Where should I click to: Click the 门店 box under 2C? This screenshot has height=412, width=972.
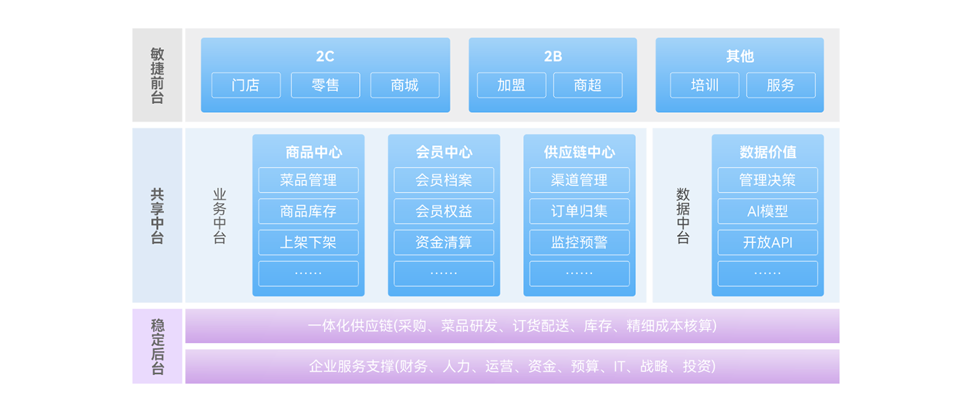pyautogui.click(x=246, y=85)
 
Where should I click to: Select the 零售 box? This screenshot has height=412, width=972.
pyautogui.click(x=325, y=85)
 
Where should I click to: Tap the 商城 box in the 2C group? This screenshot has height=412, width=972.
pyautogui.click(x=404, y=85)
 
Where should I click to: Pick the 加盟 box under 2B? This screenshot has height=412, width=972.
pyautogui.click(x=511, y=85)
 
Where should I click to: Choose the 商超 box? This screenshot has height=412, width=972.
pyautogui.click(x=587, y=85)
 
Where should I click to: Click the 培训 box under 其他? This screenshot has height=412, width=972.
pyautogui.click(x=704, y=85)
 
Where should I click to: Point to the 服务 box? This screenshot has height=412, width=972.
pyautogui.click(x=780, y=85)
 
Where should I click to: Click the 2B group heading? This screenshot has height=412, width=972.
pyautogui.click(x=553, y=56)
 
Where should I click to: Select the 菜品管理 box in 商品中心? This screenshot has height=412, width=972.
pyautogui.click(x=308, y=180)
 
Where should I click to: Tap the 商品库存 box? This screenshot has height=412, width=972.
pyautogui.click(x=308, y=211)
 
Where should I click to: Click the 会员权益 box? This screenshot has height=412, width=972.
pyautogui.click(x=443, y=211)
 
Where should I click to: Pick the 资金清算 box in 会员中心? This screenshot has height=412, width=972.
pyautogui.click(x=443, y=242)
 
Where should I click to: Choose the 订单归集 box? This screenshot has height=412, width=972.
pyautogui.click(x=579, y=211)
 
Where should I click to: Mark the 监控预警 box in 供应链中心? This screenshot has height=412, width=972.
pyautogui.click(x=579, y=242)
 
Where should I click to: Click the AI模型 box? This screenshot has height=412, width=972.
pyautogui.click(x=767, y=211)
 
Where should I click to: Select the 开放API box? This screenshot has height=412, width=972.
pyautogui.click(x=767, y=242)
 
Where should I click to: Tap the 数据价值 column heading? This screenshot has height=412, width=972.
pyautogui.click(x=767, y=152)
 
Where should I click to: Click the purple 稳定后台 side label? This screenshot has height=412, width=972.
pyautogui.click(x=157, y=346)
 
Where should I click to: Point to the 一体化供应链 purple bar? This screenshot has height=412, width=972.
pyautogui.click(x=512, y=326)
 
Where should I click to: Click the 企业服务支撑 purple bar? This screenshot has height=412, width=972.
pyautogui.click(x=512, y=366)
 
